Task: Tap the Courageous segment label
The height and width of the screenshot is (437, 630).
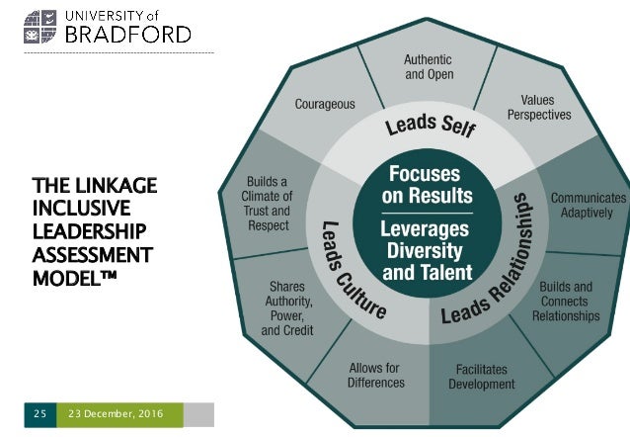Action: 325,103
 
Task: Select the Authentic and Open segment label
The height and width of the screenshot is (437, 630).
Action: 428,66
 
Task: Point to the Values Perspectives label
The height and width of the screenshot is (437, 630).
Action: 538,107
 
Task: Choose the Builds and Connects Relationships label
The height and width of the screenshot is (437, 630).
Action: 565,302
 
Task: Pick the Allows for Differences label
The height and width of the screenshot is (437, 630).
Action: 376,375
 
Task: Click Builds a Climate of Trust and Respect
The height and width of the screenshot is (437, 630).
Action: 267,204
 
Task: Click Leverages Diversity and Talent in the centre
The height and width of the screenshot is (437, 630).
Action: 427,248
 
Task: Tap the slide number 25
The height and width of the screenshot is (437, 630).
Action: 39,411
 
